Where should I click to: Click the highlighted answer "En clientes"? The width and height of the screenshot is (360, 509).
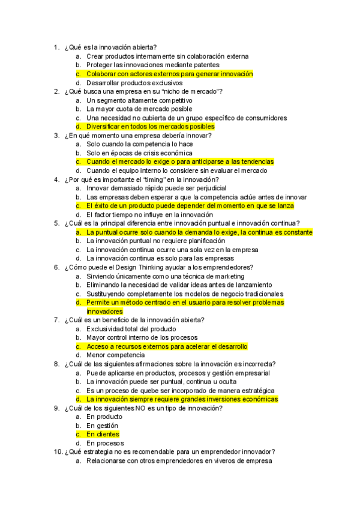click(x=103, y=435)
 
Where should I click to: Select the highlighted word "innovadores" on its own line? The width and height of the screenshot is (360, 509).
click(x=104, y=312)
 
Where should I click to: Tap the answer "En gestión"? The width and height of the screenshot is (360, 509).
click(x=102, y=426)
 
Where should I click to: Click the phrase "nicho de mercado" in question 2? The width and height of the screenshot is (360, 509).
click(x=191, y=91)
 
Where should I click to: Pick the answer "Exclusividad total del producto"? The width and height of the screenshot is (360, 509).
click(x=131, y=329)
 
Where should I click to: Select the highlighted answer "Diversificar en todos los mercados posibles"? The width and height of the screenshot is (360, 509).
click(x=150, y=127)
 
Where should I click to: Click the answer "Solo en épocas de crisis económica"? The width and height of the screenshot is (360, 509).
click(x=139, y=153)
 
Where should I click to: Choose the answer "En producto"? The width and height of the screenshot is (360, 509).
click(x=104, y=417)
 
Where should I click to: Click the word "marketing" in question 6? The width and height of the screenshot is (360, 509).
click(x=223, y=276)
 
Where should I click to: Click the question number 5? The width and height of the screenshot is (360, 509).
click(x=56, y=223)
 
